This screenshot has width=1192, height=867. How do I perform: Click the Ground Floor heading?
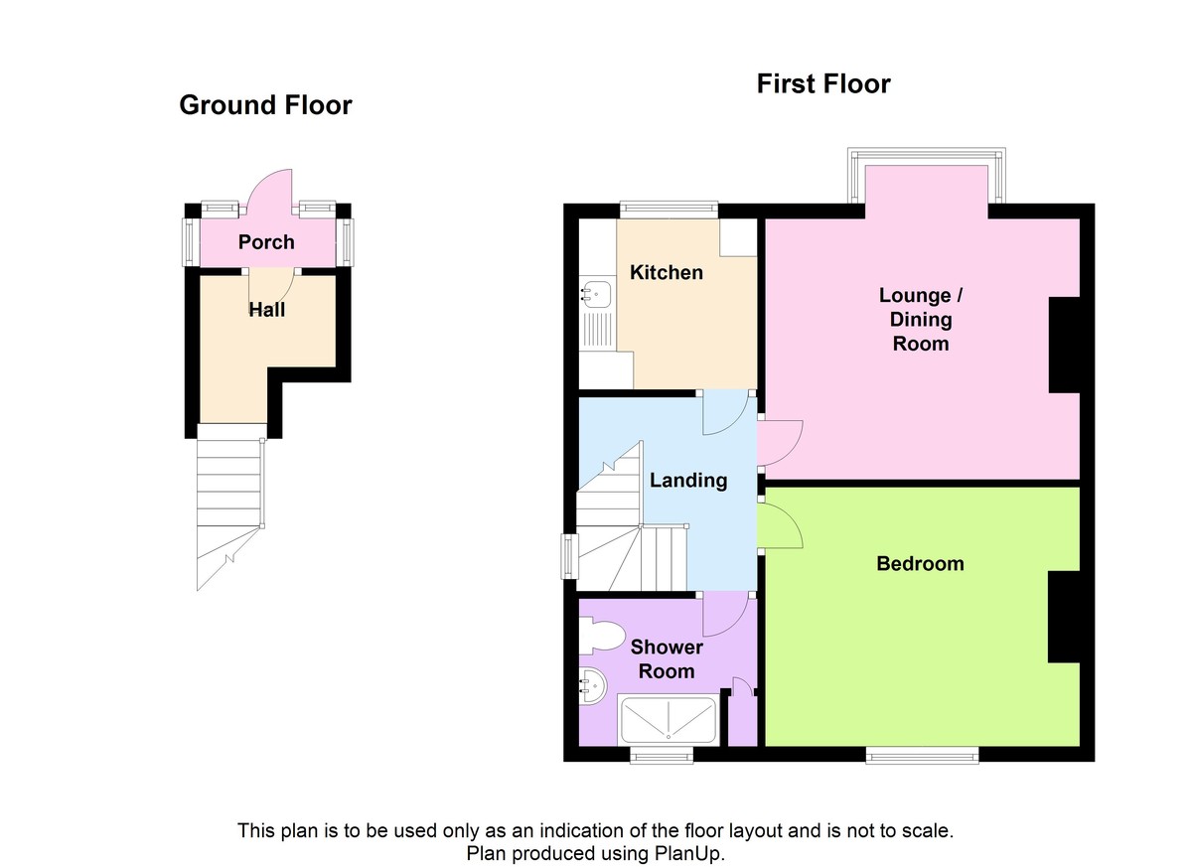pyautogui.click(x=265, y=105)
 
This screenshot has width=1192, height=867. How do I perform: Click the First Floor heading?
pyautogui.click(x=823, y=83)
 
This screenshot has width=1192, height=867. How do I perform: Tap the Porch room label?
pyautogui.click(x=266, y=242)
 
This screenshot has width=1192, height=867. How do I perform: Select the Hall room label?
pyautogui.click(x=266, y=310)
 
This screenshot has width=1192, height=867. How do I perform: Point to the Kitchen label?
pyautogui.click(x=667, y=272)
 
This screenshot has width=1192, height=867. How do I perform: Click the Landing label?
pyautogui.click(x=688, y=481)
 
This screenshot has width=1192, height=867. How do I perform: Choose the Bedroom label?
pyautogui.click(x=920, y=564)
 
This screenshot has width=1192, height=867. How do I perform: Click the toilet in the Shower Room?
pyautogui.click(x=603, y=636)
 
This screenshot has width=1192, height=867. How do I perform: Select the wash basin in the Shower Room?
pyautogui.click(x=593, y=685)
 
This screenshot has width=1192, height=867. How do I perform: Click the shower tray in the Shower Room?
pyautogui.click(x=667, y=720)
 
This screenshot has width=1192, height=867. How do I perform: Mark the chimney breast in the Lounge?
pyautogui.click(x=1065, y=345)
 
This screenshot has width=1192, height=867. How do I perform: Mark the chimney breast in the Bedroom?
pyautogui.click(x=1065, y=617)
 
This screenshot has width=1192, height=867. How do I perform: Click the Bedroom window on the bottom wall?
pyautogui.click(x=922, y=756)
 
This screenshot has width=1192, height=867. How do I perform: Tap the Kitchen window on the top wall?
pyautogui.click(x=669, y=210)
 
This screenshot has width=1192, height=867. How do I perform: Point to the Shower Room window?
pyautogui.click(x=663, y=757)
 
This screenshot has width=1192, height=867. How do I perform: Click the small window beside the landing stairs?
pyautogui.click(x=569, y=555)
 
